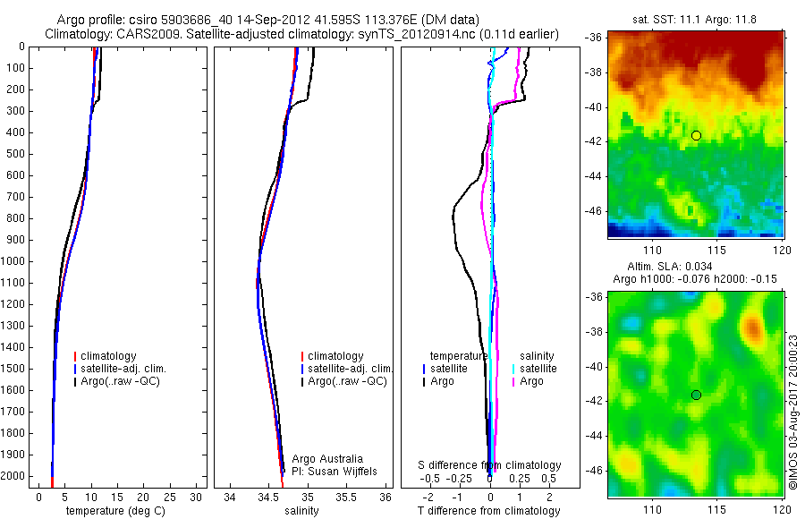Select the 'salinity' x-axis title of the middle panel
point(300,511)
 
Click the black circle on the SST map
point(696,135)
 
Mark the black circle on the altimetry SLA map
point(696,395)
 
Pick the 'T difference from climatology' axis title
point(488,511)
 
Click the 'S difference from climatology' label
point(490,465)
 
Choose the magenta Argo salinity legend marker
point(513,382)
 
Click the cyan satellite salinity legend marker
point(513,369)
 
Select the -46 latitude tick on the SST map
point(595,211)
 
